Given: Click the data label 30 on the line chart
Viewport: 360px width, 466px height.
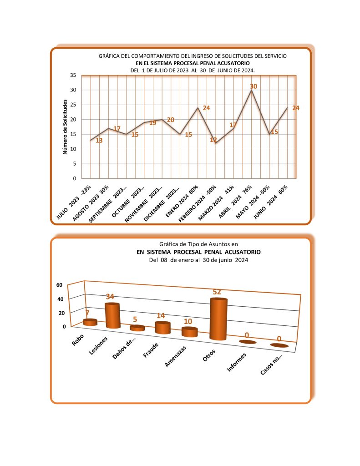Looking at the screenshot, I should [x=254, y=86].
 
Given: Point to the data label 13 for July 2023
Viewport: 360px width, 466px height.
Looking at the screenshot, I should [x=99, y=141].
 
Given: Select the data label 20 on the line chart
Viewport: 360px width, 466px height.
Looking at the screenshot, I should [x=170, y=120].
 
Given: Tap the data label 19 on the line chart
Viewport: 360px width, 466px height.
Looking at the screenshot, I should [x=152, y=123].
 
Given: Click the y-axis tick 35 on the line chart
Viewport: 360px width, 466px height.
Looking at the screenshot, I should [x=72, y=76].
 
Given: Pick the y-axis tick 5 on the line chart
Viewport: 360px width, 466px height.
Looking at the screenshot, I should [x=74, y=164].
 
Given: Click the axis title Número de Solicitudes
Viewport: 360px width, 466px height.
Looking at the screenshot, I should [x=65, y=128].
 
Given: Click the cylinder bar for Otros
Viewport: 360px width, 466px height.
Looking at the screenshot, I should [x=218, y=319].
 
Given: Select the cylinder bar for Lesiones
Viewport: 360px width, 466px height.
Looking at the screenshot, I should [x=112, y=316].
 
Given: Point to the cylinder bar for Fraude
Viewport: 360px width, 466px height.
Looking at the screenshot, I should [x=162, y=328].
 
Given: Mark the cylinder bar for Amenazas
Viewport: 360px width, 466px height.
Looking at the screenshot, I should [x=189, y=332].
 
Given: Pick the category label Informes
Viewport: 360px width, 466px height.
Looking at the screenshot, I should [x=237, y=362].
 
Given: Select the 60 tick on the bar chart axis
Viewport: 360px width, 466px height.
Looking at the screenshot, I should [x=59, y=285].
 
